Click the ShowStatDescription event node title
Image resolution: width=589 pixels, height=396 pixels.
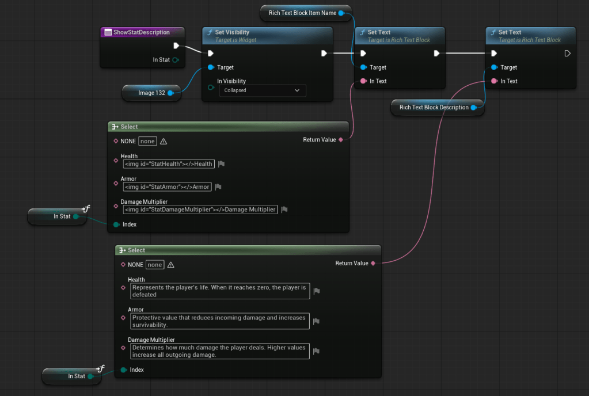click(x=141, y=32)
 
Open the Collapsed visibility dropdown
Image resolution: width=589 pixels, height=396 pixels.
click(x=262, y=90)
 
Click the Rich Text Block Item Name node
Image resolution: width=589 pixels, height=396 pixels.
click(x=302, y=13)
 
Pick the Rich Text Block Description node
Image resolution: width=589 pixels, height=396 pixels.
click(x=434, y=107)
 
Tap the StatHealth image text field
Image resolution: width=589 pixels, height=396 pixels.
click(x=168, y=164)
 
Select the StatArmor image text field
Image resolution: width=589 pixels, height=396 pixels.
click(x=167, y=186)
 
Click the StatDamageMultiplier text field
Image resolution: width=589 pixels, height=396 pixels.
click(x=200, y=210)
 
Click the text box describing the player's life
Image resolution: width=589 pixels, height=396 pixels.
click(x=219, y=291)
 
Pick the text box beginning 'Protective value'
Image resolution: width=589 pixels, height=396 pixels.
click(x=219, y=321)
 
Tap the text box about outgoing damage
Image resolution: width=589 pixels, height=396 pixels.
click(x=219, y=351)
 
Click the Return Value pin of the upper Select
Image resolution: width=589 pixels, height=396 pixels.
click(x=341, y=140)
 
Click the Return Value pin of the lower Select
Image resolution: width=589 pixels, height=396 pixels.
click(x=373, y=263)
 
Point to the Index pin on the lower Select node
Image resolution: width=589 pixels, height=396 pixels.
click(x=123, y=370)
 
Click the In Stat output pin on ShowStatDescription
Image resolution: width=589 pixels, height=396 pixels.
click(x=176, y=60)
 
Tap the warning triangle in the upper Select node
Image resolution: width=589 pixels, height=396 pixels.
click(x=164, y=142)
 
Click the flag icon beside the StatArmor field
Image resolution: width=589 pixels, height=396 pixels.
click(x=218, y=186)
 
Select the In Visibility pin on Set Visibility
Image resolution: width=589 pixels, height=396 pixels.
click(x=211, y=87)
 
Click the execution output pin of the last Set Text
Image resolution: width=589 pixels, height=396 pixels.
click(x=567, y=54)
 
